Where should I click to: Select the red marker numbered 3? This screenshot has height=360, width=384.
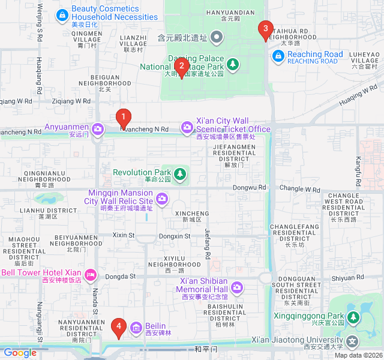264,29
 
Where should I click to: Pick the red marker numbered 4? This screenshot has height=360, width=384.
118,327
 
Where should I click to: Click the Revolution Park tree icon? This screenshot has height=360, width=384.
180,175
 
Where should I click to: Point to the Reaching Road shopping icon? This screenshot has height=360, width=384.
278,56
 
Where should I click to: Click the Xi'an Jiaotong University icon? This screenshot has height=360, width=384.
352,342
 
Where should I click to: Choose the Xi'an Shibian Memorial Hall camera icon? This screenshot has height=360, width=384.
237,287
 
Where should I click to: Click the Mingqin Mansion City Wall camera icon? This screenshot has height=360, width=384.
161,199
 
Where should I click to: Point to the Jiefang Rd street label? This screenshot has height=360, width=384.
208,243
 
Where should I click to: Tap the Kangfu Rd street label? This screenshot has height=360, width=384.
358,170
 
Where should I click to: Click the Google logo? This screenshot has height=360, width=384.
19,353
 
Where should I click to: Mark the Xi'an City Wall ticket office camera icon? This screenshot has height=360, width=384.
187,127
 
